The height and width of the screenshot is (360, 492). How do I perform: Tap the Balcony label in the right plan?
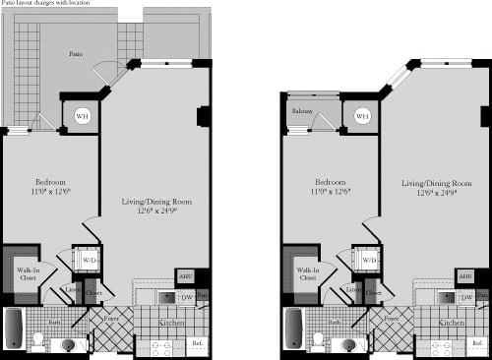point(301,112)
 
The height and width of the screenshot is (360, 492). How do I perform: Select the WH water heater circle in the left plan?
point(81,116)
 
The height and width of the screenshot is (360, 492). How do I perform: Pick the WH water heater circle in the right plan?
point(361,116)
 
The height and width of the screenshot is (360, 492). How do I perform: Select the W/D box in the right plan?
point(370,260)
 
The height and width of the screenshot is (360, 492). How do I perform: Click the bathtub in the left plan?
point(14,327)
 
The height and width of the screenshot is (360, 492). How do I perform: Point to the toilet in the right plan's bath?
point(318,340)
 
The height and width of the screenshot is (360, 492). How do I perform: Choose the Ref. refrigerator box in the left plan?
point(197,344)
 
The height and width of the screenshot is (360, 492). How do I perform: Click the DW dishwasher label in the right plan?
point(467,296)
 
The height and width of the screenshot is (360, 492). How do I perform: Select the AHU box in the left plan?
point(185,276)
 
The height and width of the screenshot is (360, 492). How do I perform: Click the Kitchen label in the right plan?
point(452,322)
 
